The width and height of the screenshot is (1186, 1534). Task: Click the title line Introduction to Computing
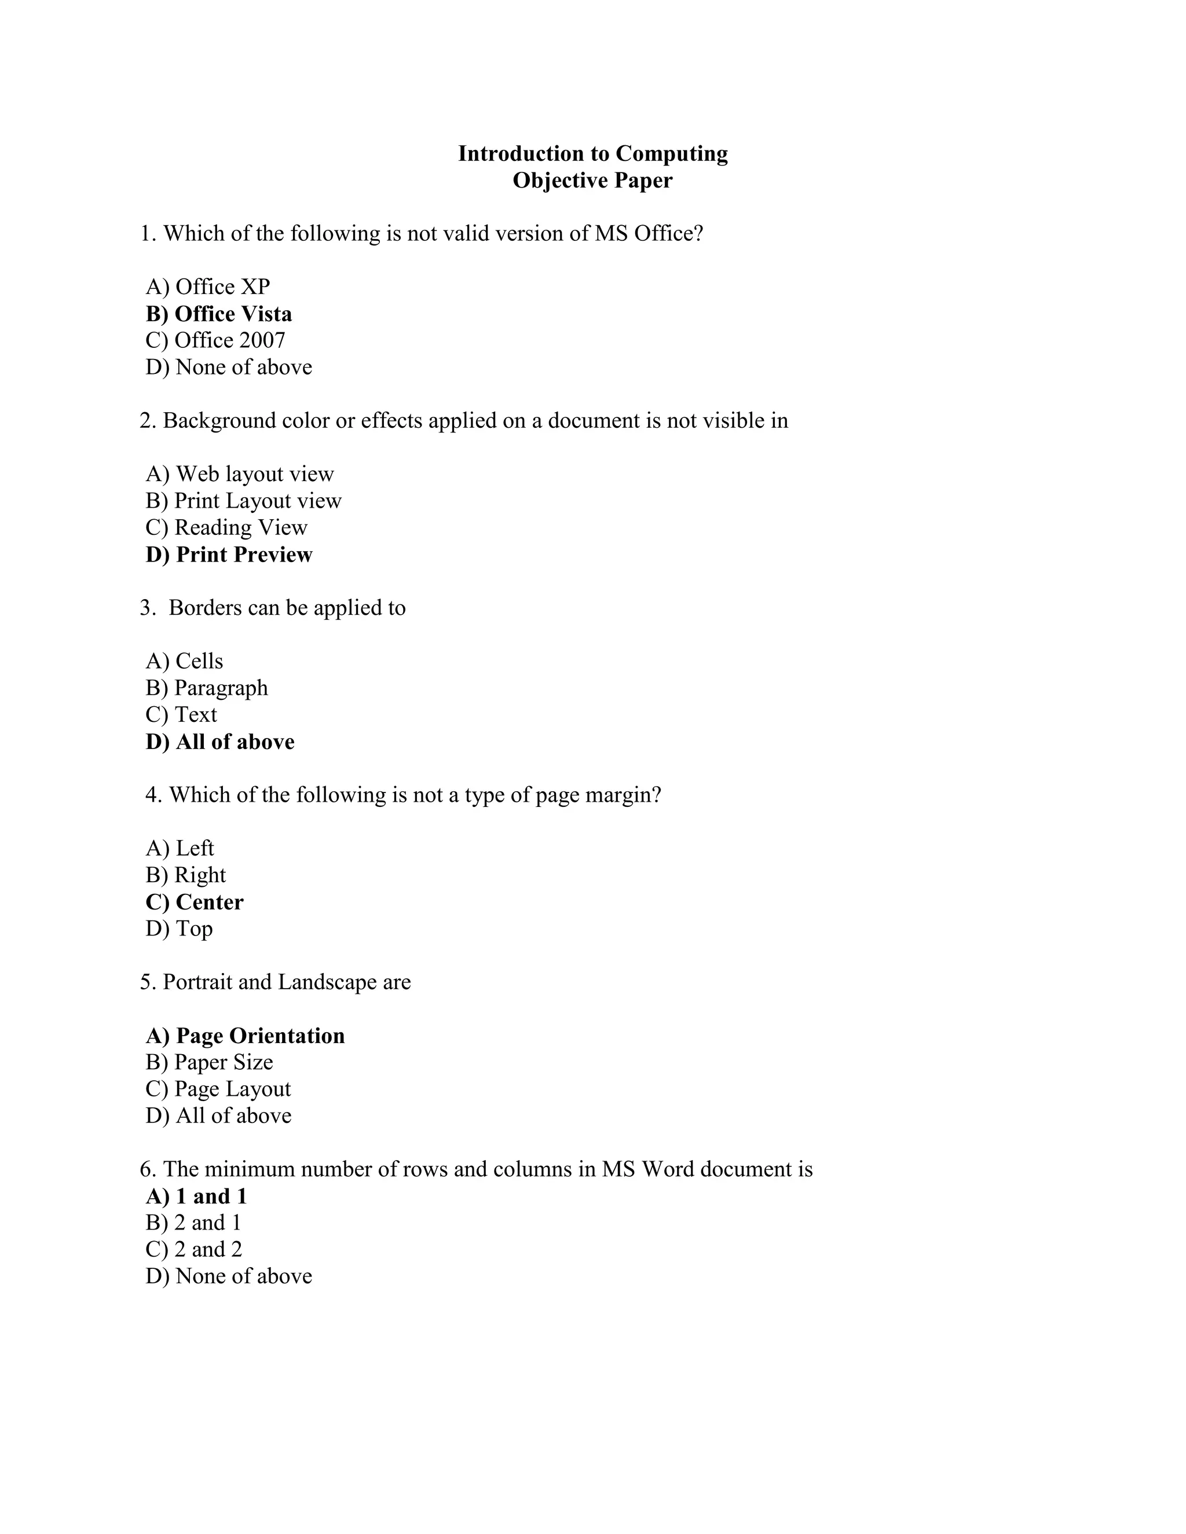pos(592,154)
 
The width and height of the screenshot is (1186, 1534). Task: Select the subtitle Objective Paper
pos(592,181)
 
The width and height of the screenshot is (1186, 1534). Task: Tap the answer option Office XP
pos(208,287)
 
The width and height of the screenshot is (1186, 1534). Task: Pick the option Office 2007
pos(215,340)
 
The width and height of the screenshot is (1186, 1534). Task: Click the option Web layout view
pos(240,474)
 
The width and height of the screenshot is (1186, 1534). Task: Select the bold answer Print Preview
pos(229,555)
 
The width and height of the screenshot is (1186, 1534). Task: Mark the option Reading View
pos(226,527)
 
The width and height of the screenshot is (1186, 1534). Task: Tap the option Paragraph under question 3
pos(207,688)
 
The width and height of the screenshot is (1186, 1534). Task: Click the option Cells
pos(184,661)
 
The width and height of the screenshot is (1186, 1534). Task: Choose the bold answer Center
pos(195,902)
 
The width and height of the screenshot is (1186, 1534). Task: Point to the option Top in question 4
pos(179,929)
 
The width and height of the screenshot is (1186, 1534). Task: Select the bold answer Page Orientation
pos(245,1036)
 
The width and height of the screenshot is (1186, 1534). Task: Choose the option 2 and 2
pos(194,1250)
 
